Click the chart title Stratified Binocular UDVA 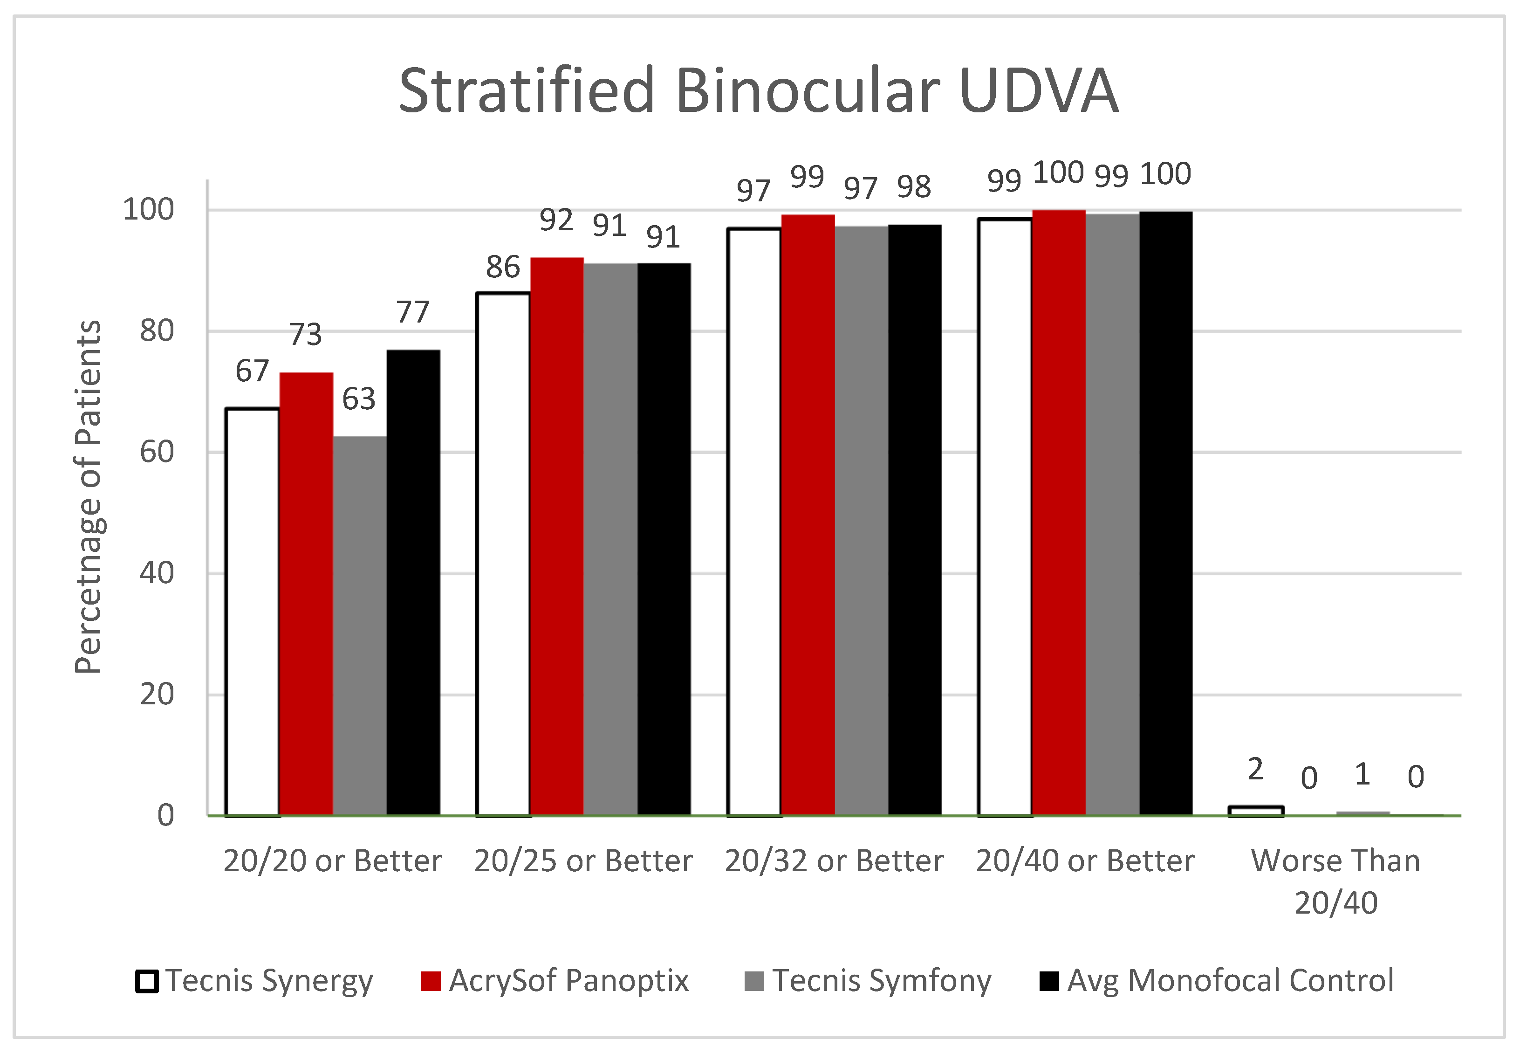[758, 90]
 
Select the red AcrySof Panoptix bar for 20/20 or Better [306, 594]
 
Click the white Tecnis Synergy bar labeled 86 [503, 554]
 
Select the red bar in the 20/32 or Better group [808, 515]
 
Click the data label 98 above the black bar [913, 187]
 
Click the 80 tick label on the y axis [157, 331]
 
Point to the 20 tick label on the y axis [157, 695]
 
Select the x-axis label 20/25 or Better [583, 860]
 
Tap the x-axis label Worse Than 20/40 [1335, 881]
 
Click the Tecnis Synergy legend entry [254, 980]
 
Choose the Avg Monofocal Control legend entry [1217, 980]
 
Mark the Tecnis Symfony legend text [881, 980]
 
